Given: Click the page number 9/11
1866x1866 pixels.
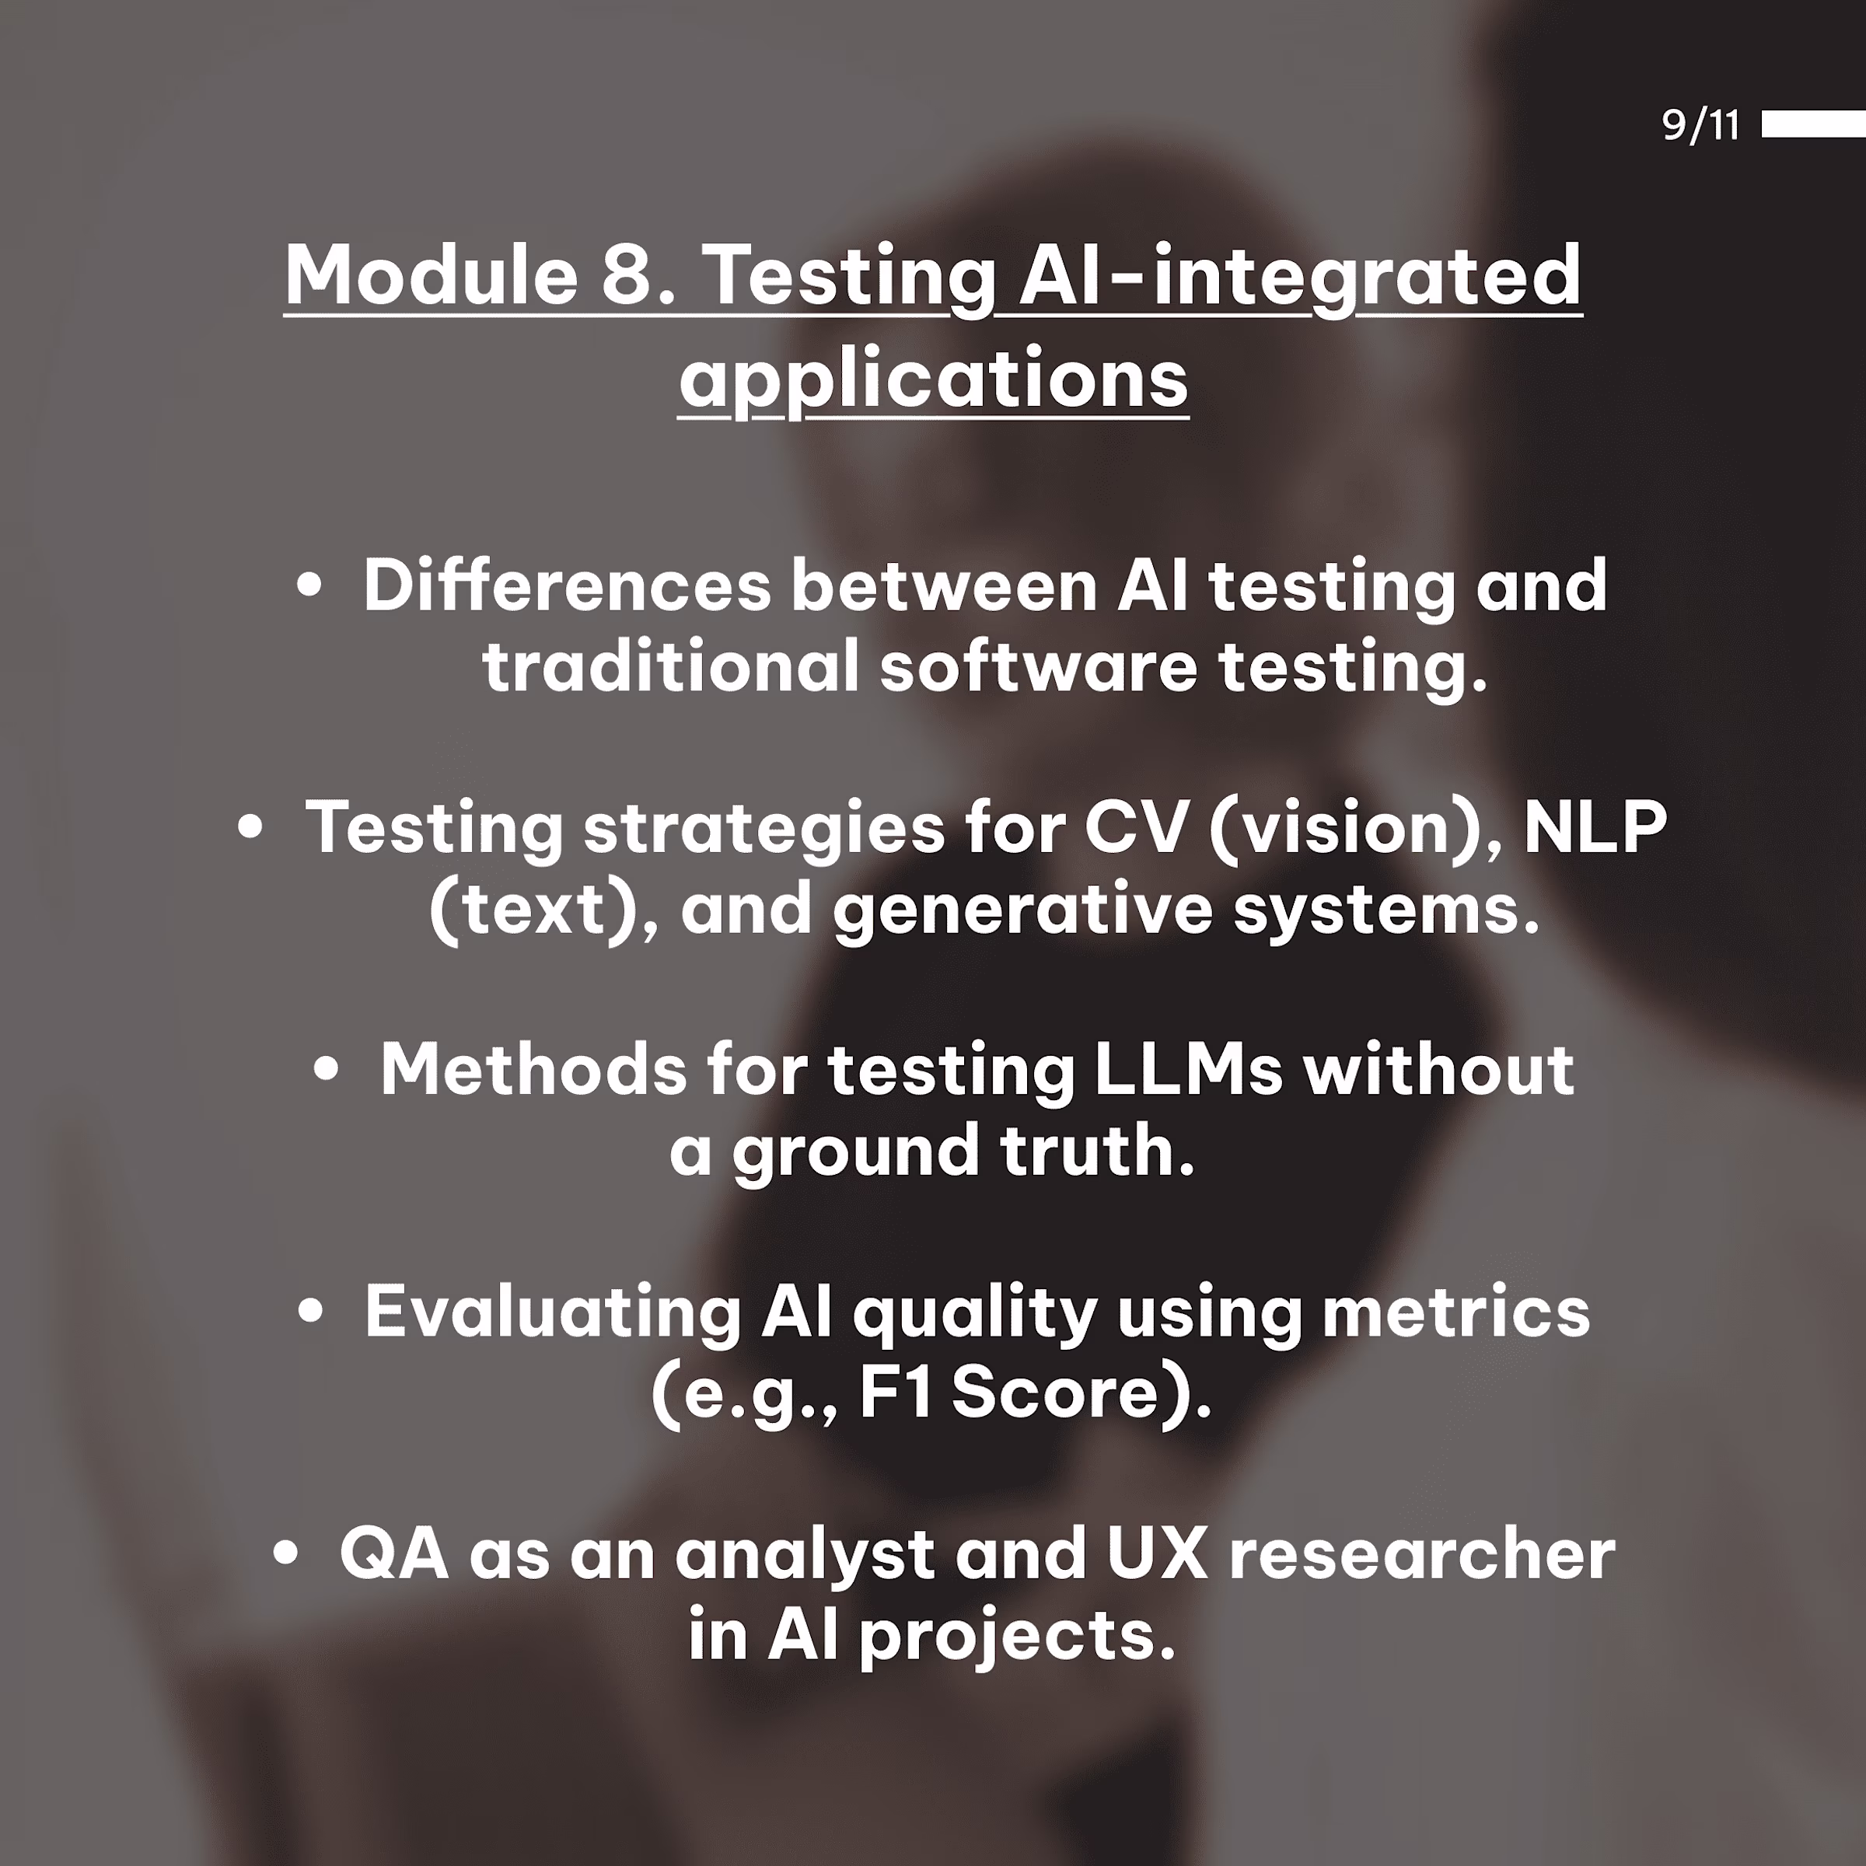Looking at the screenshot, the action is pyautogui.click(x=1700, y=124).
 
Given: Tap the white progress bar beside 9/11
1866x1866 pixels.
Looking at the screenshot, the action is pyautogui.click(x=1813, y=124).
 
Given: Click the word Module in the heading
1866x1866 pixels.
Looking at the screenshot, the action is pyautogui.click(x=431, y=274).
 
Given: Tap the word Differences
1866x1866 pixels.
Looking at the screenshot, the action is pyautogui.click(x=567, y=585).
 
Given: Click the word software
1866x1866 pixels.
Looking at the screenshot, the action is pyautogui.click(x=1038, y=666).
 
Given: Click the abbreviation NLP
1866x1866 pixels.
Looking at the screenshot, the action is pyautogui.click(x=1595, y=828).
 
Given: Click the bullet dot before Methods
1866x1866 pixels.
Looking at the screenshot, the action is pyautogui.click(x=327, y=1069).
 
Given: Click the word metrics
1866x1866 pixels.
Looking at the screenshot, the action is pyautogui.click(x=1455, y=1312).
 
